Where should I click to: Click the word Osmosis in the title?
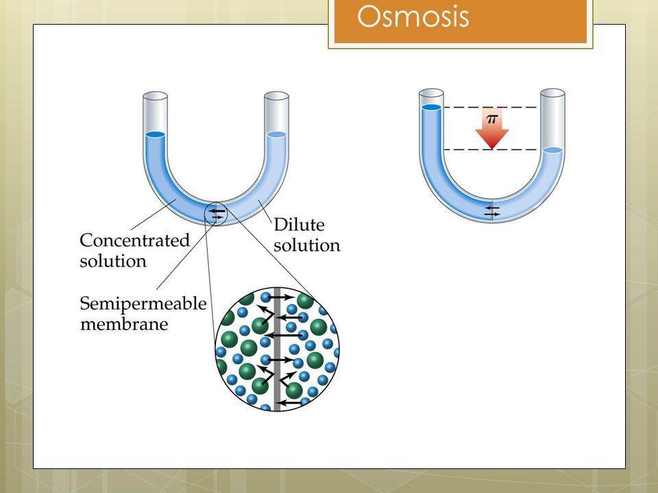(x=413, y=16)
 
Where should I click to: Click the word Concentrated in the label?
(x=135, y=240)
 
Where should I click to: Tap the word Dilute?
(x=300, y=225)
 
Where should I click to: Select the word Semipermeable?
(x=143, y=304)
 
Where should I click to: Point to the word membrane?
(x=124, y=324)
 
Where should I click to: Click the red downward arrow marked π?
(x=492, y=128)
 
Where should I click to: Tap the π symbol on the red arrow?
(x=492, y=118)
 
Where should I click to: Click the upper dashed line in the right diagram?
(x=491, y=108)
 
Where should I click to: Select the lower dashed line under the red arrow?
(x=491, y=150)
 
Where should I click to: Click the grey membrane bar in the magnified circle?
(x=277, y=349)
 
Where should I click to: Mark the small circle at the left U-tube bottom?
(x=216, y=214)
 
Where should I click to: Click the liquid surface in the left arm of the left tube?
(x=156, y=135)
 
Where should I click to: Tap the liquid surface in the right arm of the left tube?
(x=276, y=135)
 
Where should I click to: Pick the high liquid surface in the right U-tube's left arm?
(x=431, y=108)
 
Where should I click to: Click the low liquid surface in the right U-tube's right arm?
(x=552, y=150)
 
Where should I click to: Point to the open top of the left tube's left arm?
(x=156, y=96)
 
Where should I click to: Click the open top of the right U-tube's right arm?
(x=552, y=92)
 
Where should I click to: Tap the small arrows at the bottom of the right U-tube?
(x=492, y=211)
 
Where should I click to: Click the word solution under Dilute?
(x=307, y=245)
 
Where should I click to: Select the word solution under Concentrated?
(x=113, y=261)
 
